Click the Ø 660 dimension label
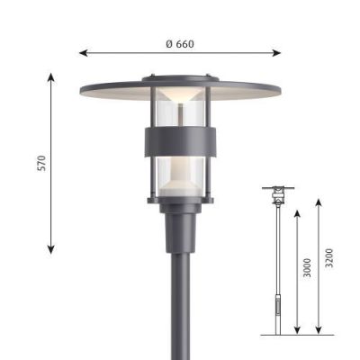click(180, 44)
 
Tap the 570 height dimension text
click(42, 163)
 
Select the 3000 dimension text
click(307, 267)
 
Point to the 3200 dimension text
click(329, 258)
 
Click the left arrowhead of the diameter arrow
click(83, 53)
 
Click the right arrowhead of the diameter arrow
click(277, 53)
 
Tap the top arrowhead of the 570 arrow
click(51, 76)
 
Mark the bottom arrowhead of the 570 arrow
click(51, 249)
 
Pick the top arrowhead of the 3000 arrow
click(297, 214)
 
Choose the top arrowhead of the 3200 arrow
click(319, 202)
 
